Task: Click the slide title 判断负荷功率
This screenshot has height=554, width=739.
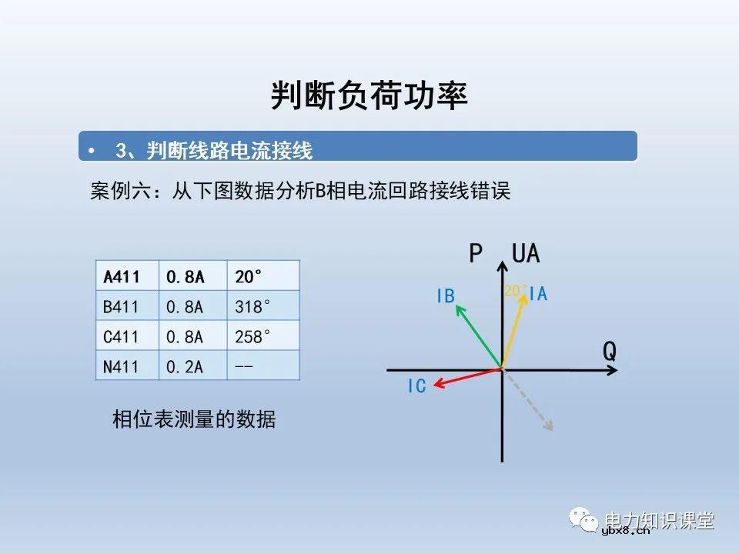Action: coord(369,96)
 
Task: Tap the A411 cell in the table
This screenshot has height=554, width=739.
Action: coord(121,275)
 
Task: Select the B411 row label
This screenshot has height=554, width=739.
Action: coord(121,306)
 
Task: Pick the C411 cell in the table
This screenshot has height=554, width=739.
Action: coord(121,336)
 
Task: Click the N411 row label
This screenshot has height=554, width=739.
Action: coord(121,366)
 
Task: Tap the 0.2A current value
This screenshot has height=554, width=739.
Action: coord(185,366)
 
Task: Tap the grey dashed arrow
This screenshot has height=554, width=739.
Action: coord(530,402)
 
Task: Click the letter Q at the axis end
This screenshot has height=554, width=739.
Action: coord(609,352)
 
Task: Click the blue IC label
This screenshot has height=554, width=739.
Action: coord(416,386)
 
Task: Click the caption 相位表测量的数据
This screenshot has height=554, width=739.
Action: coord(194,419)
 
